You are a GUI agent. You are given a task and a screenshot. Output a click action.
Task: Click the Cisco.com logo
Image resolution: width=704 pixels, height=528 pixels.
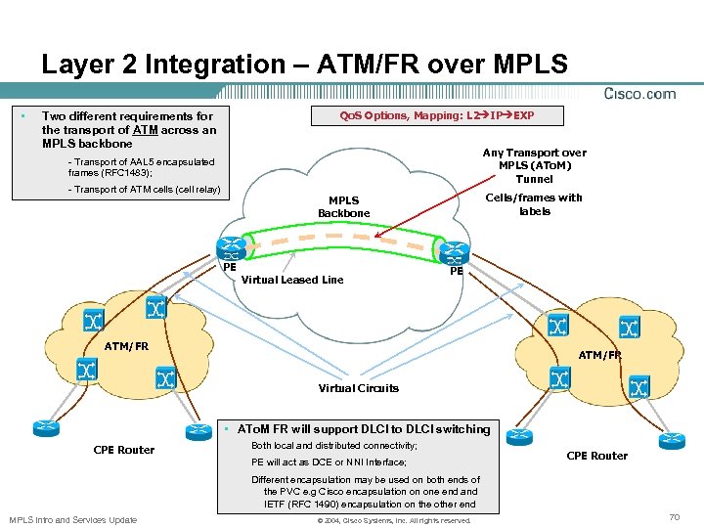point(640,94)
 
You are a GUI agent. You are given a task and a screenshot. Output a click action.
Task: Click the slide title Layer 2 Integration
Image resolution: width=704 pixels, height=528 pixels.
point(304,65)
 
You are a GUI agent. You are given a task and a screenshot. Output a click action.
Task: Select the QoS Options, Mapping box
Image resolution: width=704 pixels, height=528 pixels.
point(437,115)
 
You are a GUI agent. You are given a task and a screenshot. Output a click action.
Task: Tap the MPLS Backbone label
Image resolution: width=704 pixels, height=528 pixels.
point(343,206)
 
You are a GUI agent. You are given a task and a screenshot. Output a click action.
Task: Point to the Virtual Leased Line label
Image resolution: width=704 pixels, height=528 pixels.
point(292,280)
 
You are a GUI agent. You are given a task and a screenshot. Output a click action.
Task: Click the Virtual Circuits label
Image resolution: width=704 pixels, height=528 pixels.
point(359,388)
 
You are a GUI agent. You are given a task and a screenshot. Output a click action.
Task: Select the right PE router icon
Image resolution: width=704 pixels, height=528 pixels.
point(453,251)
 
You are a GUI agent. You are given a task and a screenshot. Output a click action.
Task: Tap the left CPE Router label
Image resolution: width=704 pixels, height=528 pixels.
point(123,450)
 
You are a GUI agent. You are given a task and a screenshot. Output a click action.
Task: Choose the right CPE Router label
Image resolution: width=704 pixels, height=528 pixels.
point(597,456)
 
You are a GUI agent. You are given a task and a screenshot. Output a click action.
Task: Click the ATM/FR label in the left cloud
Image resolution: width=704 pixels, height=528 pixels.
point(127,346)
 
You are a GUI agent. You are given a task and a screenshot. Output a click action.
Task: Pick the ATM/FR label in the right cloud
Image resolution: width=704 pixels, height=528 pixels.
point(599,355)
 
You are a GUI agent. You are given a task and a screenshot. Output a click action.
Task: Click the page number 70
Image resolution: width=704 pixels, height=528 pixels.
point(674,514)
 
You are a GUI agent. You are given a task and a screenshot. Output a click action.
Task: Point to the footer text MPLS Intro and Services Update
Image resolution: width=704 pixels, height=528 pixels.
point(72,519)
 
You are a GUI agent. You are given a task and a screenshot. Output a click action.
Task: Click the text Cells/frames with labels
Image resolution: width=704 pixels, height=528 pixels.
point(535,204)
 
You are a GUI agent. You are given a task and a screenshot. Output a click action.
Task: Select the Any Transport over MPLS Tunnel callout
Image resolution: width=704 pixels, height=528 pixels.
point(534,165)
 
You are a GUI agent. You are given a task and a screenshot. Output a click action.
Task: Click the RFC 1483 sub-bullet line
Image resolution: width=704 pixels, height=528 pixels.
point(141,167)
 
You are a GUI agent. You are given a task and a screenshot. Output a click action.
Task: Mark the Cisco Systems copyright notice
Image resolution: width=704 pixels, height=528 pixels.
point(395,520)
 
